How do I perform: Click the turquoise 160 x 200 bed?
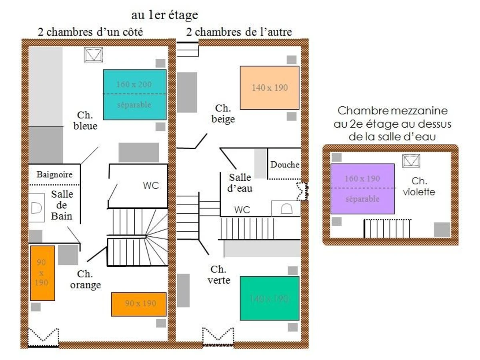[x=135, y=94]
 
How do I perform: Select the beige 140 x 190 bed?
[x=270, y=88]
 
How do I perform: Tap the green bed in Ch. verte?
[x=270, y=298]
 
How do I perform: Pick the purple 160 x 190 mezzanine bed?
[x=362, y=188]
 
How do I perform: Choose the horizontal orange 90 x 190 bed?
[x=139, y=304]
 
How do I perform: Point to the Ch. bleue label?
[x=85, y=120]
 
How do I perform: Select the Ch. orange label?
[x=85, y=279]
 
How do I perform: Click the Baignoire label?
[x=54, y=174]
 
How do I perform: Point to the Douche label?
[x=285, y=164]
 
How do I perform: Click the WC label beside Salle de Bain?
[x=151, y=186]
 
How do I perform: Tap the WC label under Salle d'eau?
[x=242, y=210]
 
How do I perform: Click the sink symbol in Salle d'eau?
[x=286, y=209]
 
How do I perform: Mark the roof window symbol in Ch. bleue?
[x=94, y=55]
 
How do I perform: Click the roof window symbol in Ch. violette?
[x=411, y=161]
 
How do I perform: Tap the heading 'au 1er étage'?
[x=164, y=15]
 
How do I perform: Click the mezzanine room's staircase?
[x=387, y=229]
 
